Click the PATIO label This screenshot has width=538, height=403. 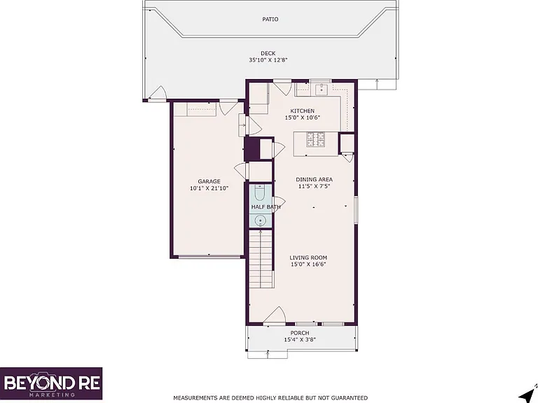coord(270,20)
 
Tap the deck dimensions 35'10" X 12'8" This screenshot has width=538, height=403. coord(268,60)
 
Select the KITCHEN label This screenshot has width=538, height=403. coord(303,111)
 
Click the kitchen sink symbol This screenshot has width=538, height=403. coord(322,89)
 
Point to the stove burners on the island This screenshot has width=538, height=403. coord(316,139)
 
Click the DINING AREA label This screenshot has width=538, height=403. coord(314,180)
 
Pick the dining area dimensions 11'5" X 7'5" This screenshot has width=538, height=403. coord(313,186)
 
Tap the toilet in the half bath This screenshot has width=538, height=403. coord(260,194)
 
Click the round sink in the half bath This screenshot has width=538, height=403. coord(261,220)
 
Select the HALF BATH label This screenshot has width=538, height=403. coord(266,207)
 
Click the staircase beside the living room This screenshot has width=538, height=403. coord(261,260)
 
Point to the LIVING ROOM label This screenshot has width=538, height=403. coord(308,257)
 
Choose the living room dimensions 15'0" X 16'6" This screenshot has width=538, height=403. coord(308,264)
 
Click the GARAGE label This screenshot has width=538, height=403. coord(209,182)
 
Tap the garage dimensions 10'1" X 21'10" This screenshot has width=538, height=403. coord(209,188)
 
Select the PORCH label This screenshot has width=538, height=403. coord(300,333)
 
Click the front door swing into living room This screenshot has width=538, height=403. coord(275,315)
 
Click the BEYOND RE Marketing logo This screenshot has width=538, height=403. coord(51,383)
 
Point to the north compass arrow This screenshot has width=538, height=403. coord(528,396)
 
